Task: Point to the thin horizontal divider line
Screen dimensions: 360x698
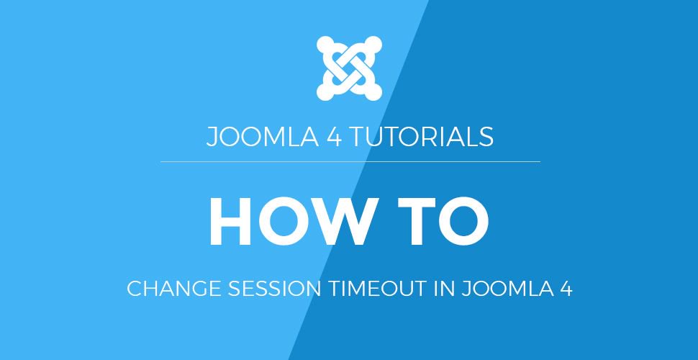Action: click(350, 162)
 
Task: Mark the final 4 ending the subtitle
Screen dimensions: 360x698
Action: click(566, 290)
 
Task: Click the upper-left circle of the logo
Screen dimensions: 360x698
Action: click(325, 45)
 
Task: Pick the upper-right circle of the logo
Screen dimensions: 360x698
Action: click(373, 45)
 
